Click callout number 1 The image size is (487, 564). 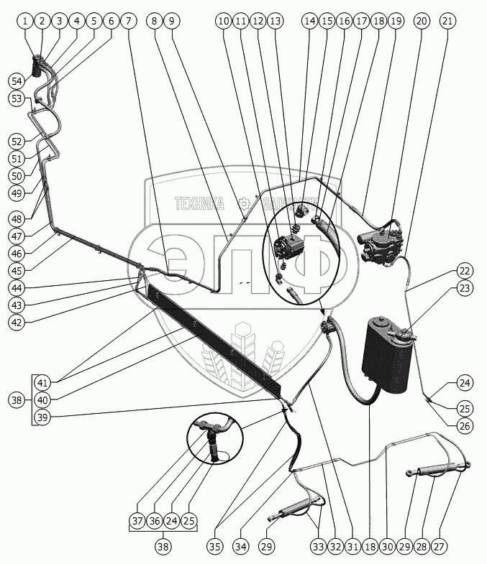(x=26, y=22)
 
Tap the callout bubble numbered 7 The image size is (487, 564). (x=129, y=22)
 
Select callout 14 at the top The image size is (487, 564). (x=309, y=22)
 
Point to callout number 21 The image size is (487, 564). (x=447, y=22)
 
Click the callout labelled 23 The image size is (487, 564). (x=465, y=287)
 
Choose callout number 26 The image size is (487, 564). (x=465, y=425)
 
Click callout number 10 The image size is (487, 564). (x=224, y=22)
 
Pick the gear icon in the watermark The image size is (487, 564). (x=245, y=203)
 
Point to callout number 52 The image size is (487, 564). (x=17, y=141)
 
